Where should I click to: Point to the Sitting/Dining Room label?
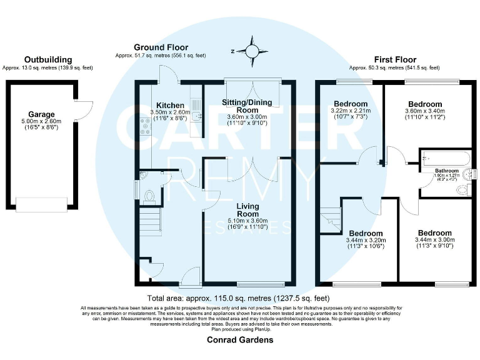coord(249,105)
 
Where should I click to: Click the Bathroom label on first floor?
coord(447,170)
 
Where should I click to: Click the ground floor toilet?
coord(149,197)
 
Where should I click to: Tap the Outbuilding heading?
coord(44,60)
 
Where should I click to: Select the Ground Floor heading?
coord(161,47)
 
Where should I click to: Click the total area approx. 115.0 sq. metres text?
coord(240,298)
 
